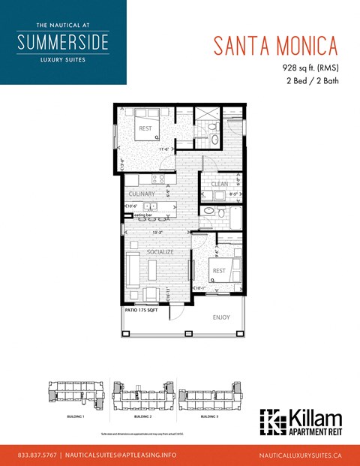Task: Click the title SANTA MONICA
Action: click(274, 44)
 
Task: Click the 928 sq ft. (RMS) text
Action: click(305, 68)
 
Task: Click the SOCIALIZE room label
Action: click(160, 252)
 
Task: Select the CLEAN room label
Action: click(219, 184)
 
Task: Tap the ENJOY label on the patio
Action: click(220, 317)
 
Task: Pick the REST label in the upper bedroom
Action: click(145, 128)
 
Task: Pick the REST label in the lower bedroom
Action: click(219, 271)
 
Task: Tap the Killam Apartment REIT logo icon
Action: click(271, 422)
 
